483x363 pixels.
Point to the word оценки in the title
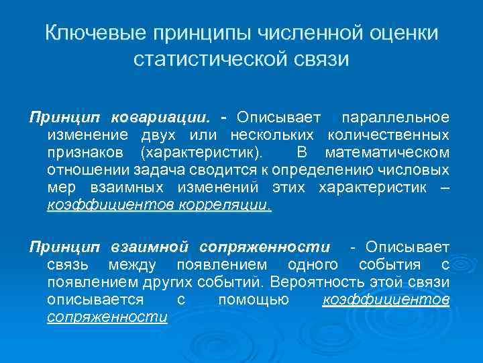click(405, 32)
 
